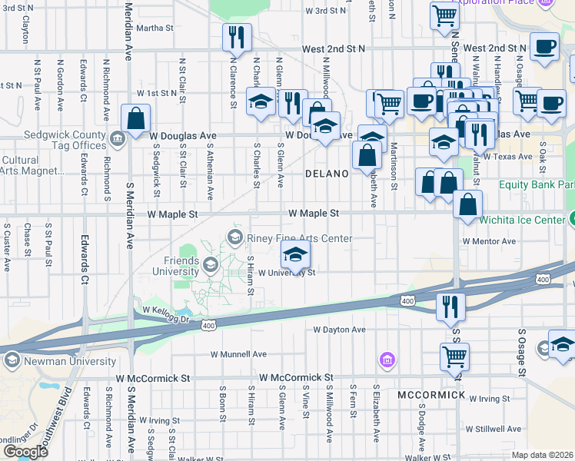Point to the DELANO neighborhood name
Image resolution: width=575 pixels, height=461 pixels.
click(327, 174)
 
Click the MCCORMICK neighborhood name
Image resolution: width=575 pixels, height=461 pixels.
click(431, 395)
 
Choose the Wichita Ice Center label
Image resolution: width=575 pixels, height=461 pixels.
click(522, 219)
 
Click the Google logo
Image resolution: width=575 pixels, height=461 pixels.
click(25, 451)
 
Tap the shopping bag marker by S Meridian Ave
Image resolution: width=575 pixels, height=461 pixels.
click(135, 119)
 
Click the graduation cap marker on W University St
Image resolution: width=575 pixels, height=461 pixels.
click(295, 254)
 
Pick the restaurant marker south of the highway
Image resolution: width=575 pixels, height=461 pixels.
click(450, 305)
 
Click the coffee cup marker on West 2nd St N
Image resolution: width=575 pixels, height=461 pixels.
click(544, 46)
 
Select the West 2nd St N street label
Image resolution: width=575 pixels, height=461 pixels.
click(334, 48)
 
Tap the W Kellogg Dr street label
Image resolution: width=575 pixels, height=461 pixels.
click(166, 310)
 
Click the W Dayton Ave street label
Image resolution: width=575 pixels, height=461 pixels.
click(339, 330)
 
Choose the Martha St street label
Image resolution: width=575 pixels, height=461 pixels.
click(155, 28)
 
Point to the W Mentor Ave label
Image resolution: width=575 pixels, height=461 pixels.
click(489, 241)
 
